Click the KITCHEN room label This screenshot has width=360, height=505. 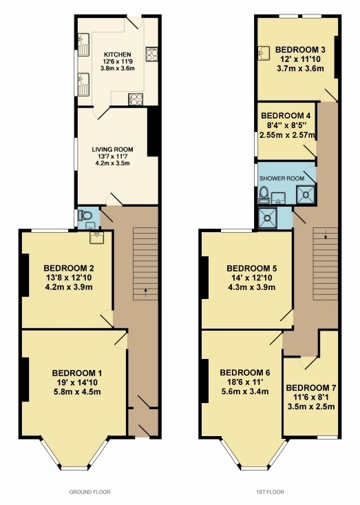click(x=117, y=54)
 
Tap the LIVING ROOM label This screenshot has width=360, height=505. click(x=112, y=150)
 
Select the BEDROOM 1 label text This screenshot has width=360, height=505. click(x=77, y=373)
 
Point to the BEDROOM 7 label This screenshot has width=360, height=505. click(x=310, y=387)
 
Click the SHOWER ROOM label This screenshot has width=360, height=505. click(x=282, y=178)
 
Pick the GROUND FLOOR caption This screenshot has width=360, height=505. click(x=89, y=492)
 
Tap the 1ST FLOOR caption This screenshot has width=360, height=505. click(x=270, y=492)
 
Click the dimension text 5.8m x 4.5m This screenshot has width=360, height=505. click(x=77, y=392)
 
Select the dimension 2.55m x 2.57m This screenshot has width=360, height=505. click(x=287, y=135)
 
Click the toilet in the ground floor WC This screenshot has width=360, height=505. click(x=85, y=215)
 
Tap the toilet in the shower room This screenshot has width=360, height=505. click(x=264, y=194)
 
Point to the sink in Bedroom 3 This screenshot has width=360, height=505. click(x=264, y=53)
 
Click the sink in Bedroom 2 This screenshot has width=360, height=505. click(x=96, y=238)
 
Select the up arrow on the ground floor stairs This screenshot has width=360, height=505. click(x=145, y=292)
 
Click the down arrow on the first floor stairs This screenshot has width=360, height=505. click(x=326, y=234)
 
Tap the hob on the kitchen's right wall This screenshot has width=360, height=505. click(x=152, y=54)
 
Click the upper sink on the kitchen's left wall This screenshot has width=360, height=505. click(x=83, y=45)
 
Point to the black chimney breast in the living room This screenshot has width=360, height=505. click(x=153, y=132)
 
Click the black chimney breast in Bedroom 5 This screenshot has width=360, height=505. click(x=205, y=278)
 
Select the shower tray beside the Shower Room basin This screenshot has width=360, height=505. click(x=305, y=194)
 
